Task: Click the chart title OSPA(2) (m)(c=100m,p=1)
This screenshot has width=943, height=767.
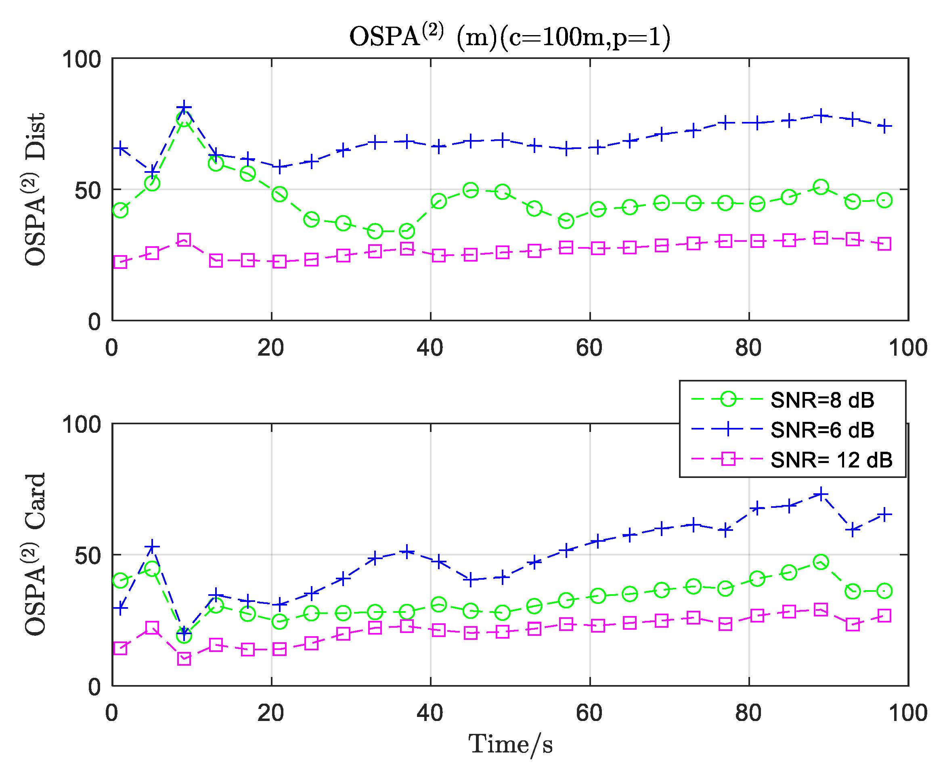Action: (x=509, y=36)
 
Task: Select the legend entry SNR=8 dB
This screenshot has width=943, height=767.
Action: (x=822, y=400)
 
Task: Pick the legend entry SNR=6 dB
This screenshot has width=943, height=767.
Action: (x=822, y=430)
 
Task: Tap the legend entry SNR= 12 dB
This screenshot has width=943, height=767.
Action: (x=831, y=460)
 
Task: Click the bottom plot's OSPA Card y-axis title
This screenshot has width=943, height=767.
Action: (x=36, y=555)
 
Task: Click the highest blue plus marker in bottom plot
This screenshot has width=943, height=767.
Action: (x=821, y=494)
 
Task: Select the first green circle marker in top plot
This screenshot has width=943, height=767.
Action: (x=120, y=210)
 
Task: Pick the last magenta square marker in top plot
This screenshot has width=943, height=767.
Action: (x=884, y=244)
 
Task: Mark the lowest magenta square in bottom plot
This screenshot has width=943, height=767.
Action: (x=184, y=659)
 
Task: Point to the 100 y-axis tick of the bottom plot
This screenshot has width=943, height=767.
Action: (x=82, y=425)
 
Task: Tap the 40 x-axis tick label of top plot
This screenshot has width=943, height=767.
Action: (x=430, y=348)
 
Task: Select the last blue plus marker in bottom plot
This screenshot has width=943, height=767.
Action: (x=884, y=514)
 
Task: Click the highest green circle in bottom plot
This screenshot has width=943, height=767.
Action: (x=821, y=562)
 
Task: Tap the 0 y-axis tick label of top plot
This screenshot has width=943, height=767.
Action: (x=94, y=322)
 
